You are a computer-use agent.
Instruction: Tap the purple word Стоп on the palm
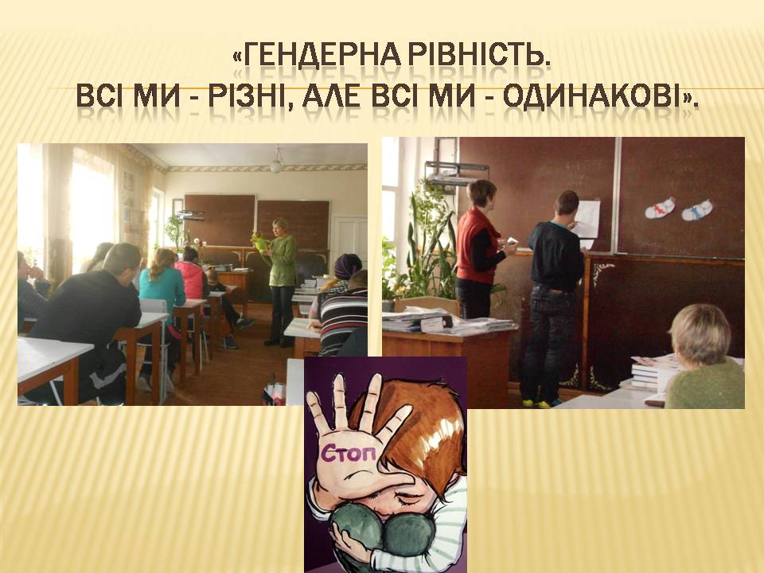(x=349, y=454)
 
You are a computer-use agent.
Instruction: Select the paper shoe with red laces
(x=660, y=208)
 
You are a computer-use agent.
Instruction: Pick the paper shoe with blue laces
(x=697, y=210)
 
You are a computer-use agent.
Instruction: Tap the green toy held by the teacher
(x=259, y=242)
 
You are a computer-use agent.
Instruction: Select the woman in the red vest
(x=479, y=249)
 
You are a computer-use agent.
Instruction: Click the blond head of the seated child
(x=700, y=333)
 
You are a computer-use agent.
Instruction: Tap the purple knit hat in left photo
(x=348, y=265)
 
